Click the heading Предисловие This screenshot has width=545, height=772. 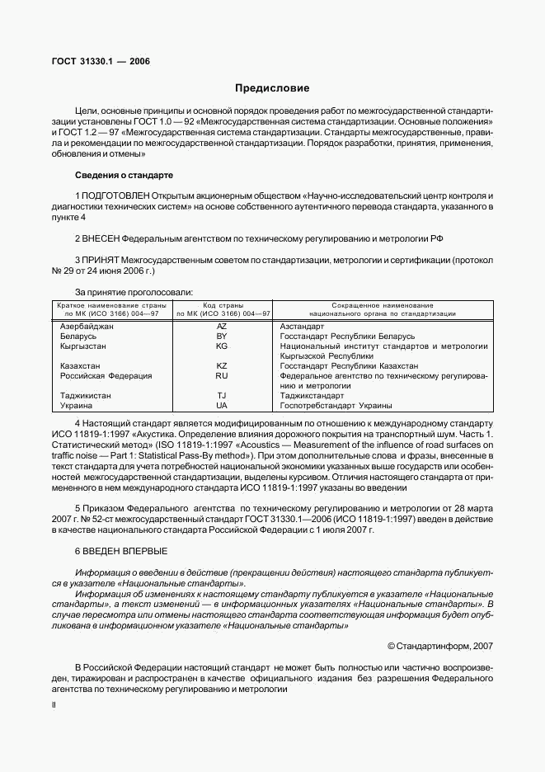coord(272,87)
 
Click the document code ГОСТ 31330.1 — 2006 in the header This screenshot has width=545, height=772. coord(96,62)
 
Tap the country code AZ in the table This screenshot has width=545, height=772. coord(221,327)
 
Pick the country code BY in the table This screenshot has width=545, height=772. coord(221,337)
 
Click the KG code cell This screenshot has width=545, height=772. coord(221,346)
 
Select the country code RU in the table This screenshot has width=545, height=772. coord(221,376)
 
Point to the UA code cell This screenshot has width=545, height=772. coord(221,406)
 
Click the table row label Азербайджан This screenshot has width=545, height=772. coord(87,327)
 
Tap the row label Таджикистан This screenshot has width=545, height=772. coord(87,396)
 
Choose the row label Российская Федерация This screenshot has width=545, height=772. coord(106,376)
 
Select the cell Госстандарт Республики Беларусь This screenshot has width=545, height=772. coord(347,337)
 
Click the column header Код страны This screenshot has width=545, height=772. coord(221,305)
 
